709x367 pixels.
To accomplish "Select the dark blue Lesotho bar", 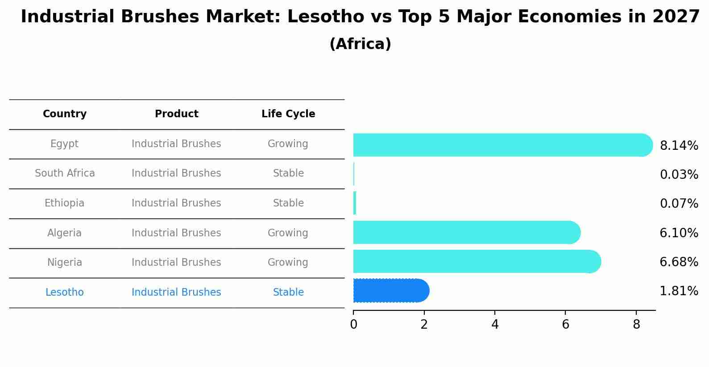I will point(390,291).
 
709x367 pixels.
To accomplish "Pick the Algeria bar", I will point(466,232).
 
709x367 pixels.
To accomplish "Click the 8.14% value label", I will point(679,146).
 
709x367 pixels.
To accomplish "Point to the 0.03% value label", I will point(679,175).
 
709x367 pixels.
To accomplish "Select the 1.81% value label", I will point(679,291).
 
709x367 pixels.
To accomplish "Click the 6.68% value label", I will point(679,262).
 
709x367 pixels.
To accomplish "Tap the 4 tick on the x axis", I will point(495,325).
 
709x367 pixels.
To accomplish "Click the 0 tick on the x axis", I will point(353,325).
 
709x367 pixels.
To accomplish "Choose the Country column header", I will point(65,114).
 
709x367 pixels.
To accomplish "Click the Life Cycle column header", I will point(288,114).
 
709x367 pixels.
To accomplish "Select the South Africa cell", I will point(65,173).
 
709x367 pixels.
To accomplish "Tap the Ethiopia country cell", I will point(64,203).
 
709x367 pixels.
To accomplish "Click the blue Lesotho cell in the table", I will point(65,293).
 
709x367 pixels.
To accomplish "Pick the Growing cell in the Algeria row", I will point(288,233).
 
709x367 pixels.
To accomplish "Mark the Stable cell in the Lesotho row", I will point(288,293).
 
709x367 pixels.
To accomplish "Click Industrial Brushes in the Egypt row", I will point(176,144).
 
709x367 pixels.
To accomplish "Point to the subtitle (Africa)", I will point(360,44).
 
